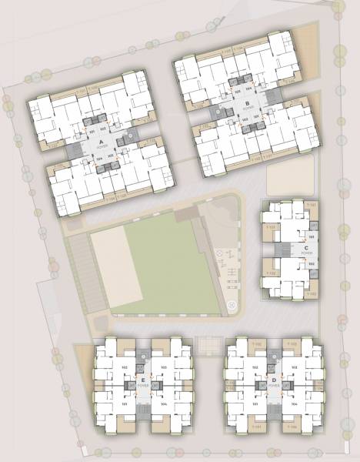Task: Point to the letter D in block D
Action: pos(273,380)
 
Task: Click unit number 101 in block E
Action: pos(124,402)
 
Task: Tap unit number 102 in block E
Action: pos(124,368)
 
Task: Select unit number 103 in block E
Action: pos(164,368)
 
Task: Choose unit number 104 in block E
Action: pos(164,402)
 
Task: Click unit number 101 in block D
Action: pos(255,402)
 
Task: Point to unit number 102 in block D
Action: pos(255,368)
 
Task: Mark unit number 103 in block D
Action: pos(295,368)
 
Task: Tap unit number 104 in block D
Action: pos(295,402)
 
